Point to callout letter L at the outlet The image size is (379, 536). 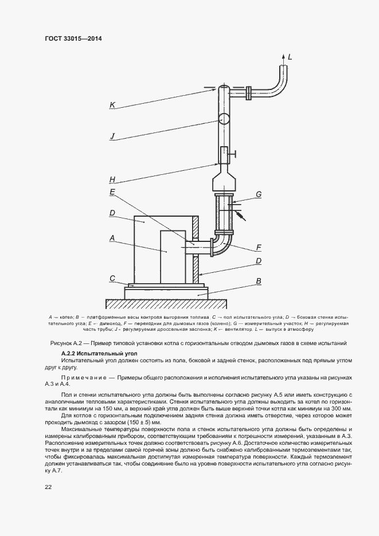coord(290,56)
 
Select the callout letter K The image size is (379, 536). coord(113,105)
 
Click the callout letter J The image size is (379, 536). coord(113,136)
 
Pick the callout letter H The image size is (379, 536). coord(112,179)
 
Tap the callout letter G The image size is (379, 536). coord(259,194)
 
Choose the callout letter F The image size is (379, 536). coord(259,248)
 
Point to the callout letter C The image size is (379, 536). coord(113,278)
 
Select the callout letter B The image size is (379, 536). coord(259,281)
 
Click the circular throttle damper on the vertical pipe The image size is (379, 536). coord(224,119)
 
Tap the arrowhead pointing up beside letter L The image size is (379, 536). coord(283,56)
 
